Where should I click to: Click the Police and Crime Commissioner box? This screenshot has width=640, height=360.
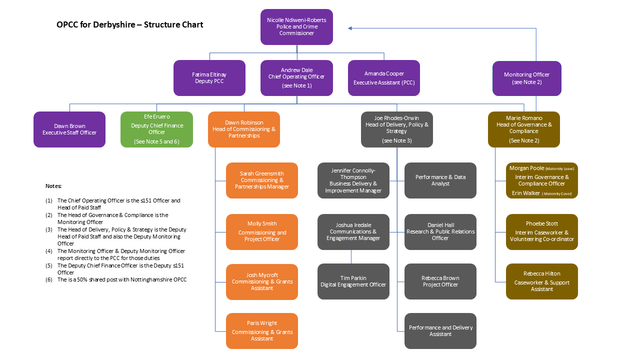(296, 27)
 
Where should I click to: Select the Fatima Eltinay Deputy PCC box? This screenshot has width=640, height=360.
(209, 78)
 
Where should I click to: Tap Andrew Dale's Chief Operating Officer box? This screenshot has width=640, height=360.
(296, 78)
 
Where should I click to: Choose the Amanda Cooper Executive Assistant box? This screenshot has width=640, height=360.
(384, 78)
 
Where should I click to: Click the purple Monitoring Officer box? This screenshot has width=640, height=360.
(526, 78)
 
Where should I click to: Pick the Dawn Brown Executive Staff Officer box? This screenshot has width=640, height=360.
(69, 129)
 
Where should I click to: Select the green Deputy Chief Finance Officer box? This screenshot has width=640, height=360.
(156, 129)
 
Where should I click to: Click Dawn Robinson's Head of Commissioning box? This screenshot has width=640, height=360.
(244, 129)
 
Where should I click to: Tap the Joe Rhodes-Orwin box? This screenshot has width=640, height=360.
(397, 129)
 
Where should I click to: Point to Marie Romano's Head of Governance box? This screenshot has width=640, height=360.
(524, 129)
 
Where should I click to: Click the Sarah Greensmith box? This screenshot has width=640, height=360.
(262, 180)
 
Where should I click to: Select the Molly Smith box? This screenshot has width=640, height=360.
(262, 232)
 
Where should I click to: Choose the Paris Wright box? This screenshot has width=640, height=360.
(262, 331)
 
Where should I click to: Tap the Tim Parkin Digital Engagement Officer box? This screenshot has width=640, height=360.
(353, 281)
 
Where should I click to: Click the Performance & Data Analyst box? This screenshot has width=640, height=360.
(440, 180)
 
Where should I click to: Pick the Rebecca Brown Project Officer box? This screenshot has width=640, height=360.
(440, 281)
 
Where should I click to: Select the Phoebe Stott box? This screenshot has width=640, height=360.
(542, 232)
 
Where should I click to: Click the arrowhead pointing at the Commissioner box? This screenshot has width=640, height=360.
(350, 28)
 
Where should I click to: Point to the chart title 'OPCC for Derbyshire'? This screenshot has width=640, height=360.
(130, 24)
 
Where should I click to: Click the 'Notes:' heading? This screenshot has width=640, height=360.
(53, 186)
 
